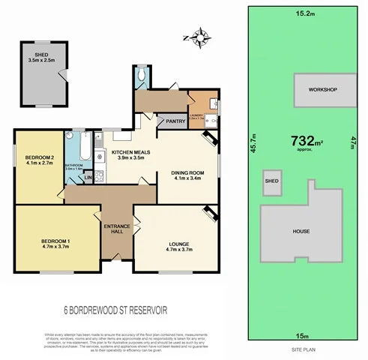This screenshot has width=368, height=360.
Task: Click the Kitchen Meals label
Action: [127, 154]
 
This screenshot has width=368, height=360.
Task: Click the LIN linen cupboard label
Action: [88, 178]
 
